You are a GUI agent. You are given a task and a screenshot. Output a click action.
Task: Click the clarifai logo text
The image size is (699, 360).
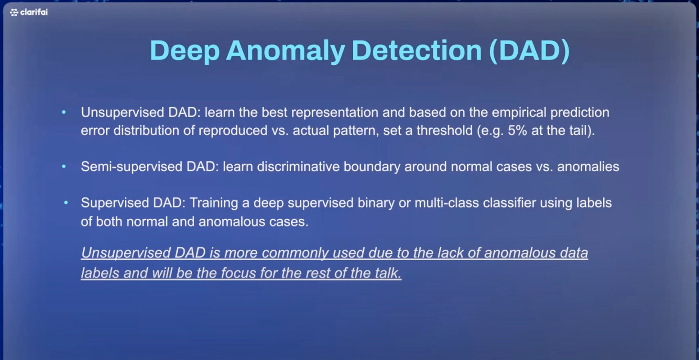click(34, 12)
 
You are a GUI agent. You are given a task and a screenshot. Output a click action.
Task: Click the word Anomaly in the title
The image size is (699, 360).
click(285, 51)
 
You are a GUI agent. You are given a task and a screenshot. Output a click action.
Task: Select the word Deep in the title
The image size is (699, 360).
click(184, 51)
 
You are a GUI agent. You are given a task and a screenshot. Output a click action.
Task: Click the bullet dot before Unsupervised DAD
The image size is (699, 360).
click(64, 112)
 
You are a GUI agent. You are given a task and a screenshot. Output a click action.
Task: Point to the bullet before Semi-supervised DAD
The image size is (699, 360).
click(64, 166)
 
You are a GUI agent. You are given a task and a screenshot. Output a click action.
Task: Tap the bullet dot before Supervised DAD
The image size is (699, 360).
click(66, 203)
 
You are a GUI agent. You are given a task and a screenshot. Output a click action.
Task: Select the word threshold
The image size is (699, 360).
click(444, 130)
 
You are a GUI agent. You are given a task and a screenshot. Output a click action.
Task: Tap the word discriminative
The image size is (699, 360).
click(298, 167)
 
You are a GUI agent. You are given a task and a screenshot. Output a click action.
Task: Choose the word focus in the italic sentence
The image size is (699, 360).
click(238, 273)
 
